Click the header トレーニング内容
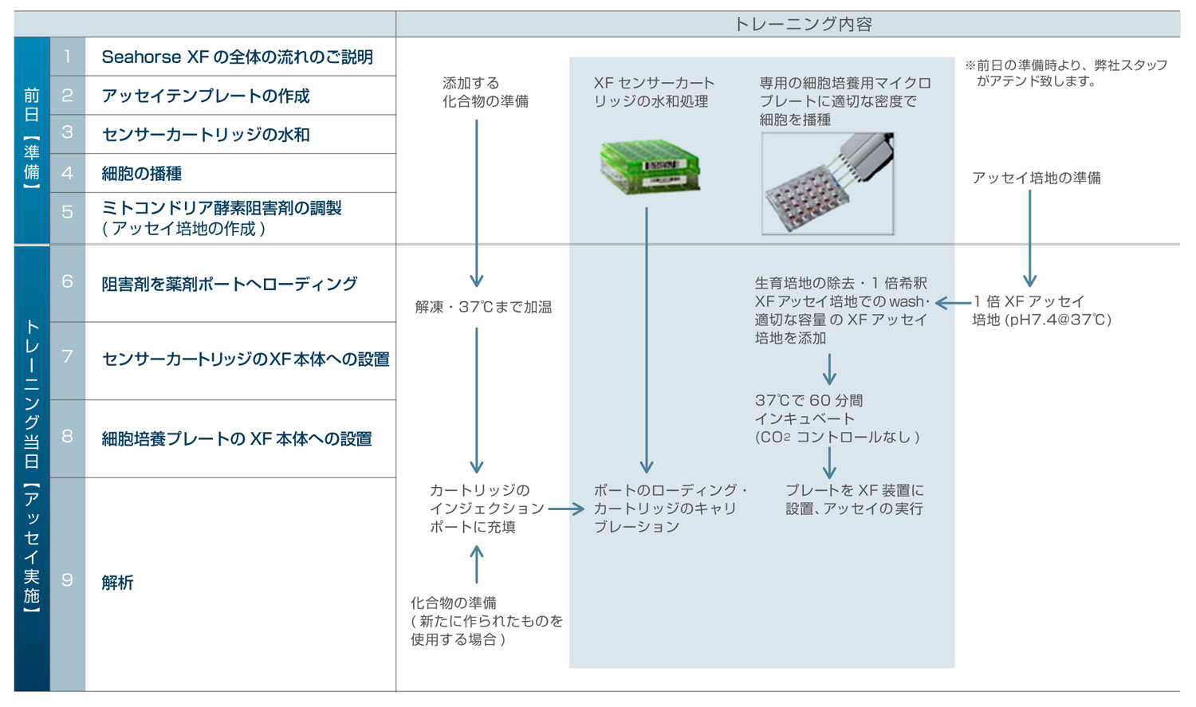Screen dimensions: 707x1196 802,24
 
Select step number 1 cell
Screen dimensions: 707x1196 68,57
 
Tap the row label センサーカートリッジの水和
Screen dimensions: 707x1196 206,135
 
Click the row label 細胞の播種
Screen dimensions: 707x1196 142,174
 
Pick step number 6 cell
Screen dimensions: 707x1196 68,282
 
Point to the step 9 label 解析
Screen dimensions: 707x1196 117,583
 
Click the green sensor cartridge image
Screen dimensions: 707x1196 650,166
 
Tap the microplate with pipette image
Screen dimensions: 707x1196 828,184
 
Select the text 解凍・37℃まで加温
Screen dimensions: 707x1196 483,307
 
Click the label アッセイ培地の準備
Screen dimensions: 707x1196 1036,178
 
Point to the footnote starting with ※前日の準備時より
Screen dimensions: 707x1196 1066,73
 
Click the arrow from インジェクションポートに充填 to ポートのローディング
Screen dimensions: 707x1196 566,509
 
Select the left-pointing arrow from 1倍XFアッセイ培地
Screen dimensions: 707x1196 952,303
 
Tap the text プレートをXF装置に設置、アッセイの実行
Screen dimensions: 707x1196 854,500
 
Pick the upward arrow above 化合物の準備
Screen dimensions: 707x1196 477,564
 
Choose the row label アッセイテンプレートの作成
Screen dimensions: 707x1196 206,96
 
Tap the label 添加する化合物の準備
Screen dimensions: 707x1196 485,92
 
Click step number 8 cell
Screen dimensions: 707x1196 68,437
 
